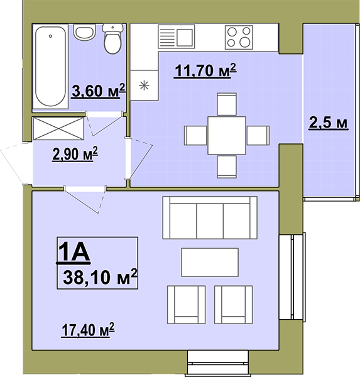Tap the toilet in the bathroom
coord(112,38)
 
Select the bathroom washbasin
coord(85,32)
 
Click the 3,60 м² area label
coord(99,90)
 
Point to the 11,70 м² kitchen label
coord(205,70)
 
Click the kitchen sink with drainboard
coord(176,36)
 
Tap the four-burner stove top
coord(239,37)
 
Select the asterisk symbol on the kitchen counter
coord(144,85)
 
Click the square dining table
coord(227,135)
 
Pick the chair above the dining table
coord(227,104)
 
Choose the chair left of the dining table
coord(195,135)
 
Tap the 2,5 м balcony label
coord(328,123)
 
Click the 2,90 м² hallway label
coord(75,154)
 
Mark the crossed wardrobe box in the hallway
coord(58,128)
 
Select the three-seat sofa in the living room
coord(210,217)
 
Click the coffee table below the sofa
coord(210,262)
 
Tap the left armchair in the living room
coord(187,305)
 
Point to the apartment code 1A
coord(74,252)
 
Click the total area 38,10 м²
coord(100,277)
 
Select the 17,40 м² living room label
coord(88,330)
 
